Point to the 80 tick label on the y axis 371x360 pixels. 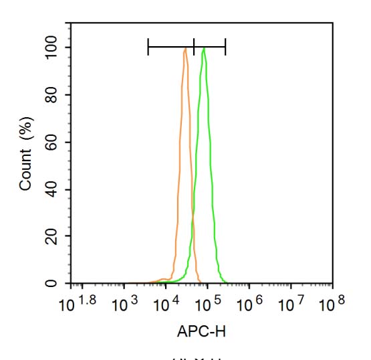53,95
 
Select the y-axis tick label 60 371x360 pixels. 53,142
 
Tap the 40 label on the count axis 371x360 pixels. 53,189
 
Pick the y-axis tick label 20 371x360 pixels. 53,236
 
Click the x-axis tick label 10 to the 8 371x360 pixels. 332,305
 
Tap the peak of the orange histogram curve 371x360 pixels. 184,48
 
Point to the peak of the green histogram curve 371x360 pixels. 203,48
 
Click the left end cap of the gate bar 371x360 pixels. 148,47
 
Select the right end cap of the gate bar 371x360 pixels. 225,47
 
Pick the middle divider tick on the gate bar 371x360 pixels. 194,47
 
